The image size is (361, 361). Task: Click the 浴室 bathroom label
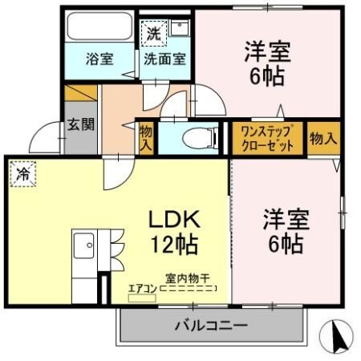tap(99, 59)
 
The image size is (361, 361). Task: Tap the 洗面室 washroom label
tap(164, 59)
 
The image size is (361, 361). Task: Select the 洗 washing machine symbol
tap(154, 33)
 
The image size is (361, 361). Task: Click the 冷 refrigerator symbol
tap(22, 174)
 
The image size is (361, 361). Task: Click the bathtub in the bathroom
tap(99, 26)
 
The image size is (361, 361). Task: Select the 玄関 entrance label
tap(80, 124)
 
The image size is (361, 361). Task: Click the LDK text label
tap(174, 219)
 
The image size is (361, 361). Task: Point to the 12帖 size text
tap(175, 245)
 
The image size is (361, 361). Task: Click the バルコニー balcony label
tap(211, 326)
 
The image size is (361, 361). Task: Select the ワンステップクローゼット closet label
tap(267, 138)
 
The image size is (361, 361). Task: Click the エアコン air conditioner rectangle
tap(142, 298)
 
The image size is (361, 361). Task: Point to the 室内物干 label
tap(188, 278)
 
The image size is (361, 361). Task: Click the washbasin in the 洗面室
tap(180, 27)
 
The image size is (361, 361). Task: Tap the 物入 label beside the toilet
tap(146, 139)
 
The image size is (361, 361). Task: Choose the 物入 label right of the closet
tap(323, 139)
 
